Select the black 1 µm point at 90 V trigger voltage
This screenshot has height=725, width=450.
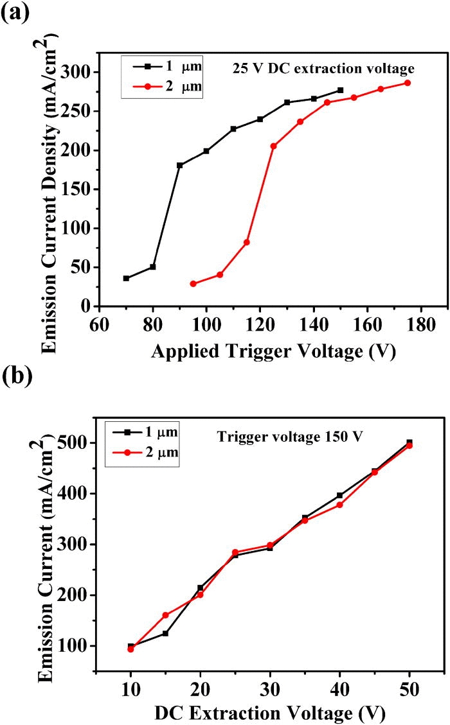tap(179, 166)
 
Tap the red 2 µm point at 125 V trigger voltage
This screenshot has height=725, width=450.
tap(273, 146)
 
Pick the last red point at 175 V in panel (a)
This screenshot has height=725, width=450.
tap(407, 83)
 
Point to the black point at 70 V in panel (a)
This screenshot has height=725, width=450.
tap(126, 278)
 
